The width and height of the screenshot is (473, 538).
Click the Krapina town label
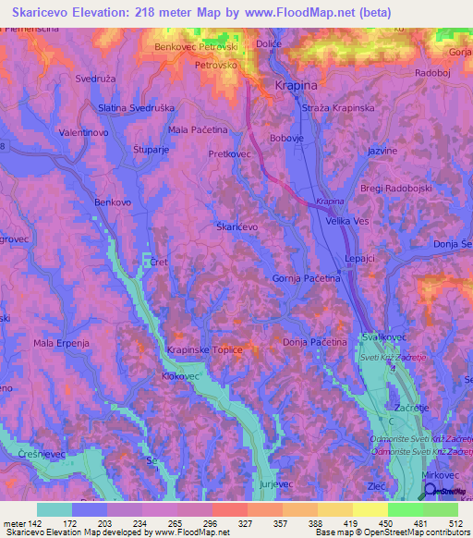click(296, 85)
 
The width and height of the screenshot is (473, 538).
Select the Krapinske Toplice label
click(205, 349)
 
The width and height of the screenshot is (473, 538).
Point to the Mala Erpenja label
click(62, 343)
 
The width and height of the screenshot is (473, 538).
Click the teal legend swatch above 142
click(55, 509)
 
